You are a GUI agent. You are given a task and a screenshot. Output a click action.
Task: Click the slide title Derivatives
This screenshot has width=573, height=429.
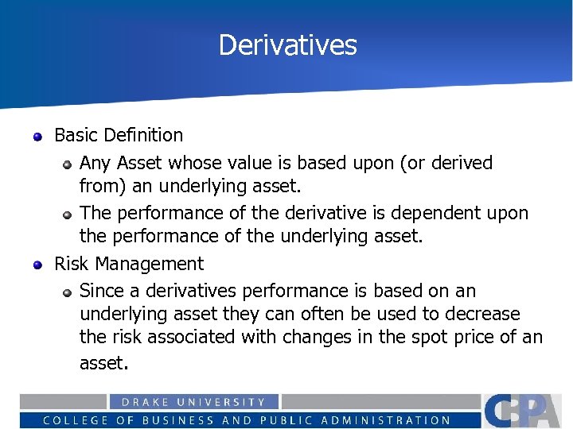click(287, 44)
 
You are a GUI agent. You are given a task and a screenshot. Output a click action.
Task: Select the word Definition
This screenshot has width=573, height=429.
click(143, 135)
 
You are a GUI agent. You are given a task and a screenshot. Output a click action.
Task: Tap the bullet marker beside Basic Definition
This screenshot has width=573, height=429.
click(37, 137)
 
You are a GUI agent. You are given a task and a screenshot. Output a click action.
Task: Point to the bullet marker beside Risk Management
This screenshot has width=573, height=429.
click(37, 265)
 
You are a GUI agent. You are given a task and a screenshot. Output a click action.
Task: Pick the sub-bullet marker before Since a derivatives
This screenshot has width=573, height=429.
click(68, 293)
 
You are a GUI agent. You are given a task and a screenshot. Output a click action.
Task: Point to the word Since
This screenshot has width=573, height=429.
click(103, 291)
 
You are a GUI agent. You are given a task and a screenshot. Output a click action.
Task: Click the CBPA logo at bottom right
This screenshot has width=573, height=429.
click(526, 411)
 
